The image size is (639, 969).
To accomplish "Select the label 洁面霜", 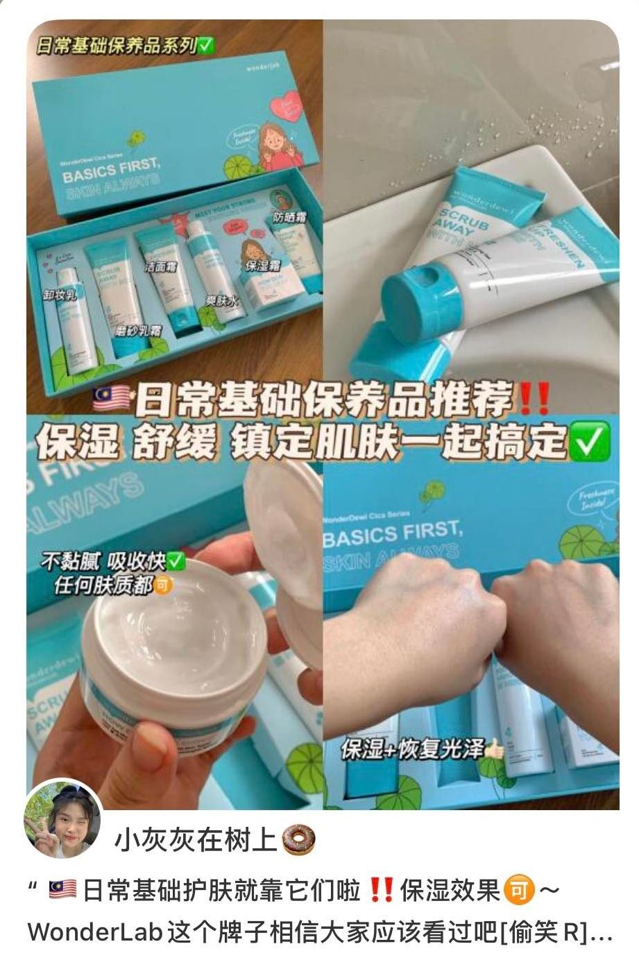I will [158, 266].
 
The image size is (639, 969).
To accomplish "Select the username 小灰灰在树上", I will [196, 840].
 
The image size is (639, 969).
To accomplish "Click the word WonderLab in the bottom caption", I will [94, 933].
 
